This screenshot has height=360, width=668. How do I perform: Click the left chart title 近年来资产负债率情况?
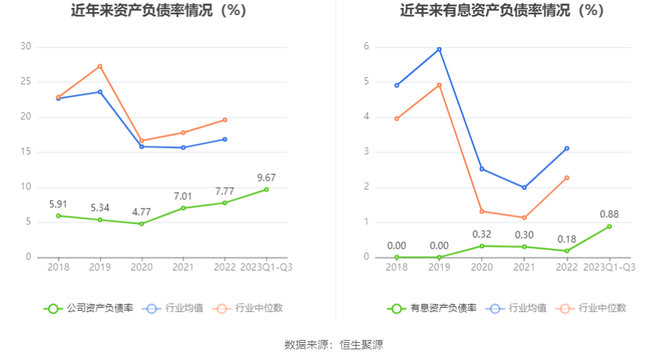159,11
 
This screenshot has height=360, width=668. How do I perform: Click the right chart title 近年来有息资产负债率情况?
502,11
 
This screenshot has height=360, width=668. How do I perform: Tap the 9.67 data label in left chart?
266,178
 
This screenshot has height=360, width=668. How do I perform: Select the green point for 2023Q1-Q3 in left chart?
266,189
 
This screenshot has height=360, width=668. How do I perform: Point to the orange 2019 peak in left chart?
100,66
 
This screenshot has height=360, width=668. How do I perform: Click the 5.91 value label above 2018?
59,204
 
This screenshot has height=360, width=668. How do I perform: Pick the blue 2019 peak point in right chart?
439,49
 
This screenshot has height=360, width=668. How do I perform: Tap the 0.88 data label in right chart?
609,214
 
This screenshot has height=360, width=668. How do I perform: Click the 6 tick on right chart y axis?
366,46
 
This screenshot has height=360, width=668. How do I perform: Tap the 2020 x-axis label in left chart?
141,267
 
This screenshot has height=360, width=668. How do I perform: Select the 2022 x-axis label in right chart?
567,267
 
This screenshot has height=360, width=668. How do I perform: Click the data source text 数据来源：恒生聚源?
334,345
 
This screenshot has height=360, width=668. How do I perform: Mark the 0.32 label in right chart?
482,234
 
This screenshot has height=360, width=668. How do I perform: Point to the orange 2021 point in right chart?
524,218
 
